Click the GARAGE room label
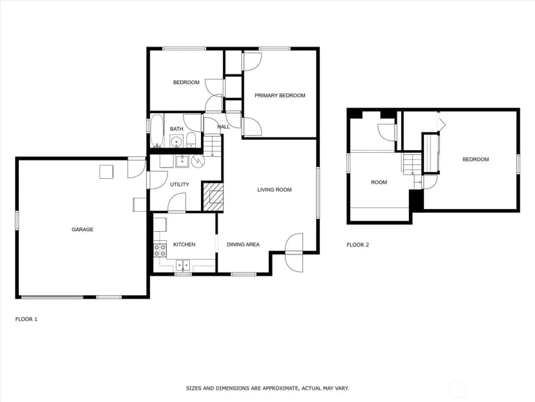point(82,229)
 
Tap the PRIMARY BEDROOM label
point(280,95)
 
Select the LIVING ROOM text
point(275,190)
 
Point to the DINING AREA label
point(243,245)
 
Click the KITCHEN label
point(184,245)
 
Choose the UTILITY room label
point(180,184)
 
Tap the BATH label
point(176,129)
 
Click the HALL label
point(224,127)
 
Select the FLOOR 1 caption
point(26,319)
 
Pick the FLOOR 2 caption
point(357,245)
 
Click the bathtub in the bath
point(157,131)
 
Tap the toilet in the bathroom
point(191,140)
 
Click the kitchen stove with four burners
point(160,249)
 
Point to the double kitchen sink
point(184,265)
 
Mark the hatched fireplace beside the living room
point(213,197)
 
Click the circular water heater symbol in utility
point(198,161)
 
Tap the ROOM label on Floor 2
point(379,183)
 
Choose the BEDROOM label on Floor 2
point(476,159)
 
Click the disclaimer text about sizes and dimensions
point(267,388)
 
